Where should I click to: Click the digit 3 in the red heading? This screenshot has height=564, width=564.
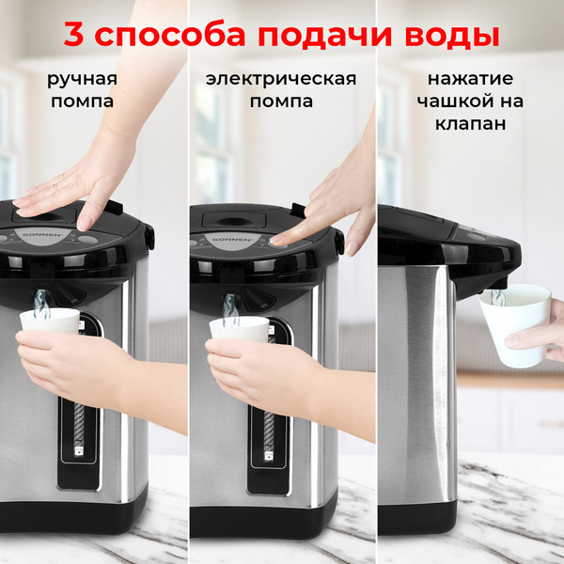click(x=74, y=35)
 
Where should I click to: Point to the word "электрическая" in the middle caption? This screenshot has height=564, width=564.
click(x=281, y=78)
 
